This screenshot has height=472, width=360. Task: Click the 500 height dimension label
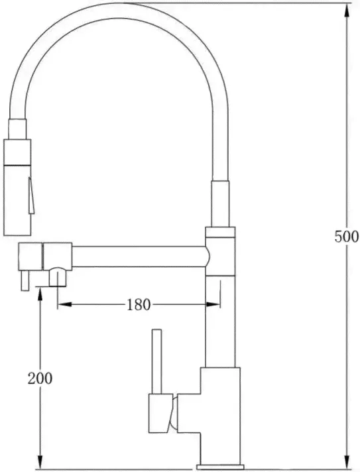point(347,237)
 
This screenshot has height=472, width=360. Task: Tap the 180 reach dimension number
point(138,305)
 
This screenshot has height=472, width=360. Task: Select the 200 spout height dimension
point(40,378)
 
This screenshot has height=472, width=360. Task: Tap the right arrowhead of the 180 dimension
point(213,304)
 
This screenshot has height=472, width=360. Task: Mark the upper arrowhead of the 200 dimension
point(40,295)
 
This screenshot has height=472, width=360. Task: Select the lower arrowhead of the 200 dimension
point(40,461)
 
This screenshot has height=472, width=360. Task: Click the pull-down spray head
point(17,187)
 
